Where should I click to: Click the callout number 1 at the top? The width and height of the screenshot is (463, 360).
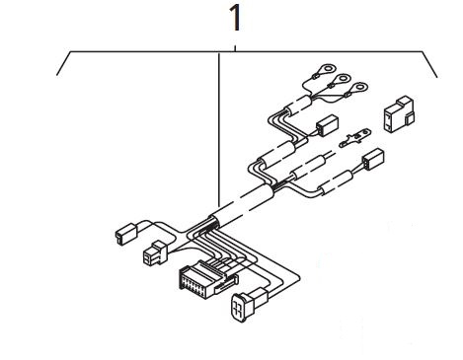click(236, 19)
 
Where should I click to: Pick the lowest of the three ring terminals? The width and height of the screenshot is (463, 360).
click(356, 89)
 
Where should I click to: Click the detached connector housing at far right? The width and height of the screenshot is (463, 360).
click(399, 114)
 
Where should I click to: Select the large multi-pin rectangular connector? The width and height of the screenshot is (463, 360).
click(208, 279)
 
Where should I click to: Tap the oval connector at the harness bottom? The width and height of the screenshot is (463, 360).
click(250, 304)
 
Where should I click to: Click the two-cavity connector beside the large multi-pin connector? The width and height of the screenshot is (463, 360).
click(156, 252)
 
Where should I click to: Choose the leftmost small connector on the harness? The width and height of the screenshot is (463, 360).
click(125, 234)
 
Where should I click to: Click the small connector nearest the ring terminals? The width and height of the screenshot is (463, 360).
click(327, 125)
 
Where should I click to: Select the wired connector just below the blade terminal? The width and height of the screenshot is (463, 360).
click(373, 160)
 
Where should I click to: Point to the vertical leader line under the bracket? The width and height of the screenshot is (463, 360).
click(219, 128)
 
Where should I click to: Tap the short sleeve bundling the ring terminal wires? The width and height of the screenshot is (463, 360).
click(299, 106)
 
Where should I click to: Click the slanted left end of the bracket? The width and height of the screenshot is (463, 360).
click(63, 63)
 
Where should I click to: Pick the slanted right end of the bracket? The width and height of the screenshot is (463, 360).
click(429, 64)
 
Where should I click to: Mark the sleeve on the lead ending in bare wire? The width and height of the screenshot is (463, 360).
click(308, 168)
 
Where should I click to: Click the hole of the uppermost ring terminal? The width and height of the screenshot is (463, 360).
click(328, 69)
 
